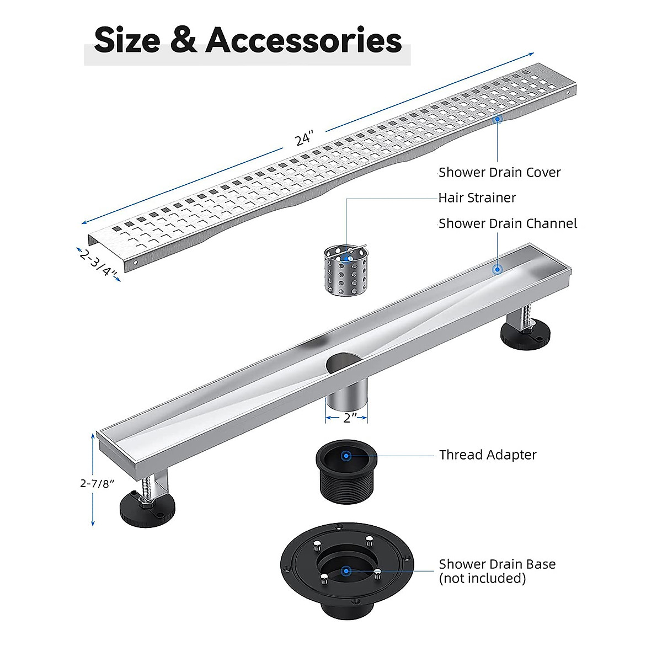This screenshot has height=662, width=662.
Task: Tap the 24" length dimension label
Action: click(303, 138)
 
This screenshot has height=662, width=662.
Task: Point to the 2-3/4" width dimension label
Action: click(99, 264)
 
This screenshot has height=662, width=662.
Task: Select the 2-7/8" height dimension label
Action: click(97, 483)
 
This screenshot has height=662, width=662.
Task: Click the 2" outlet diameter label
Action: click(347, 418)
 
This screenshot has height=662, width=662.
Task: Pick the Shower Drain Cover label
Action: click(499, 173)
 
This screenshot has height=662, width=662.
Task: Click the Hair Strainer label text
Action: click(477, 197)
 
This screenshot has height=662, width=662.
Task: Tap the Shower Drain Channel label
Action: click(508, 223)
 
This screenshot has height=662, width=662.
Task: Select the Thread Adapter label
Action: click(488, 455)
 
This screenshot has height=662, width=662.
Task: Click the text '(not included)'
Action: click(482, 579)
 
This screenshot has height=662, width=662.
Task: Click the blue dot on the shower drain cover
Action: click(497, 118)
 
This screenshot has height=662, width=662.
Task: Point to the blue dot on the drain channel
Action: click(497, 269)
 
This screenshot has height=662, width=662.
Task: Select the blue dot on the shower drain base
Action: click(346, 571)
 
